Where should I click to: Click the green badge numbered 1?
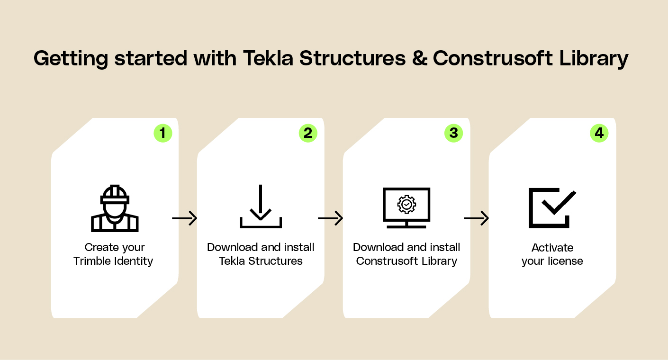(x=163, y=133)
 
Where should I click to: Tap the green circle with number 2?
(x=308, y=133)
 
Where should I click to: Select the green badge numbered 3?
(x=453, y=133)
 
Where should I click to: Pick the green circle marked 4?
(x=599, y=133)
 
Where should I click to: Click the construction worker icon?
(x=115, y=208)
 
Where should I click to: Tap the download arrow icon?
(x=261, y=207)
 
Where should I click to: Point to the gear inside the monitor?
(x=406, y=204)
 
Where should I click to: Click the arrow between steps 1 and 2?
(x=185, y=218)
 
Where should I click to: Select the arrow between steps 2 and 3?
(x=330, y=218)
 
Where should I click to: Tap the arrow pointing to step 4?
(x=476, y=218)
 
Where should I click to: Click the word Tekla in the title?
(x=268, y=58)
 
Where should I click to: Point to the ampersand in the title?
(x=420, y=58)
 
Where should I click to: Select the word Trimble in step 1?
(x=92, y=261)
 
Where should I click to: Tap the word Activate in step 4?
(x=552, y=248)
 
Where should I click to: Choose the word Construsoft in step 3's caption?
(x=383, y=261)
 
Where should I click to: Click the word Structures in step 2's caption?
(x=275, y=261)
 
